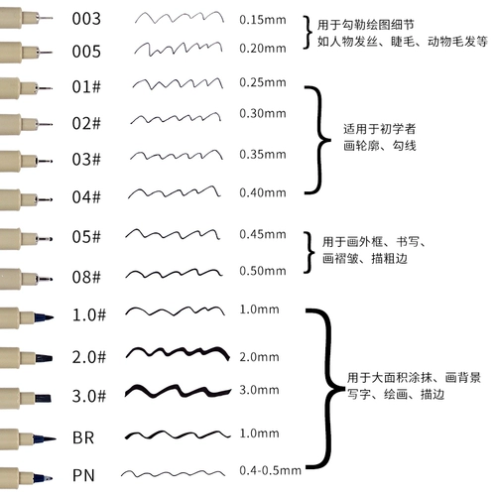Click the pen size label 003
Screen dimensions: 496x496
pyautogui.click(x=86, y=19)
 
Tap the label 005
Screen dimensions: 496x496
pyautogui.click(x=86, y=52)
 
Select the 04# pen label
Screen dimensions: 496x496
pyautogui.click(x=86, y=196)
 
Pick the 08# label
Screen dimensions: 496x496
pyautogui.click(x=86, y=277)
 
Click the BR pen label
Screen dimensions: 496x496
pyautogui.click(x=83, y=437)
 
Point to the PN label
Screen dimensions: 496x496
pyautogui.click(x=83, y=475)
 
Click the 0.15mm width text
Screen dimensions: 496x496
pyautogui.click(x=263, y=20)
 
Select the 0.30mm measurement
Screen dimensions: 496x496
pyautogui.click(x=263, y=113)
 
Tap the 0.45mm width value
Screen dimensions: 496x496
pyautogui.click(x=263, y=234)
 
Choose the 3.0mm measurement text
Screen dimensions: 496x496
pyautogui.click(x=259, y=390)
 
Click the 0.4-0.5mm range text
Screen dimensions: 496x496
pyautogui.click(x=270, y=470)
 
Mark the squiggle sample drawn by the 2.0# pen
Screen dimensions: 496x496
pyautogui.click(x=178, y=353)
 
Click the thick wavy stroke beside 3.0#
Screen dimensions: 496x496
pyautogui.click(x=178, y=391)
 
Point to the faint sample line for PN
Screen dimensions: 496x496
pyautogui.click(x=173, y=474)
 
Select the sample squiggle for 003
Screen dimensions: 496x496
pyautogui.click(x=180, y=18)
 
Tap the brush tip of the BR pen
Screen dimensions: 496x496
pyautogui.click(x=44, y=439)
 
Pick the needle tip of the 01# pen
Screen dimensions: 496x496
pyautogui.click(x=45, y=88)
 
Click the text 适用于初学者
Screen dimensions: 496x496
pyautogui.click(x=379, y=129)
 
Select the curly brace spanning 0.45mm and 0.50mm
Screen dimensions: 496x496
pyautogui.click(x=310, y=253)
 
